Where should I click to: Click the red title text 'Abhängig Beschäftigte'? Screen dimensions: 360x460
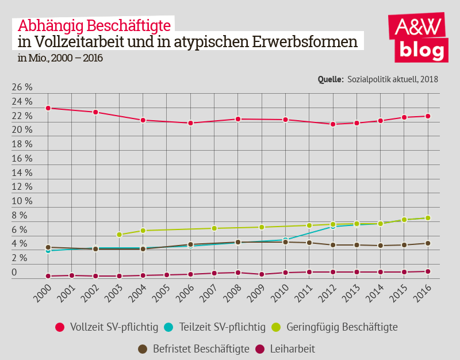[x=94, y=25]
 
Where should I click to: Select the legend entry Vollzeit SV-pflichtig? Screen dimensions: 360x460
[x=106, y=327]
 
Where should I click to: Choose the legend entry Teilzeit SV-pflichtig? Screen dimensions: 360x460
[x=214, y=327]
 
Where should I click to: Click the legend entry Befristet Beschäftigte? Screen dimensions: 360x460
[x=193, y=348]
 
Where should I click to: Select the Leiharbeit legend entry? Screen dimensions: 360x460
[x=285, y=348]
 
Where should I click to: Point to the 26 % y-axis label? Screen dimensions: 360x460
[x=22, y=87]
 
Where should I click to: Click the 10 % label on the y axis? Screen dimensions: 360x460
[x=22, y=201]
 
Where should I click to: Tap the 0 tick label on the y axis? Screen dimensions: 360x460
[x=14, y=273]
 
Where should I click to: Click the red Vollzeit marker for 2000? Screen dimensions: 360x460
[x=48, y=108]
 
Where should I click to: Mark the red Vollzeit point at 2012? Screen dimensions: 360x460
[x=333, y=124]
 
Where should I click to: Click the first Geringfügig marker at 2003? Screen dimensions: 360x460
[x=119, y=235]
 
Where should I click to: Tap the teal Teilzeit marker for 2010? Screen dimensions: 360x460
[x=285, y=240]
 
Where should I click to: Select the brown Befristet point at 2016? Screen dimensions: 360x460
[x=428, y=243]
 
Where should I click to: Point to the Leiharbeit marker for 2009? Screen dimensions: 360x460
[x=262, y=274]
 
